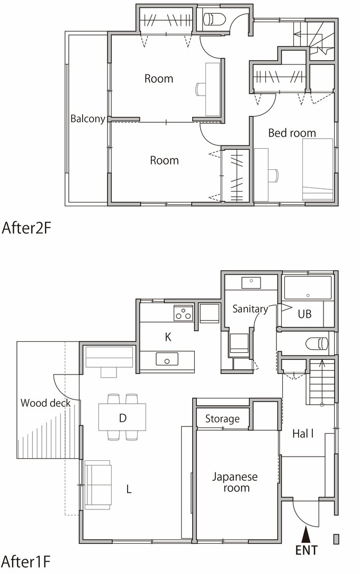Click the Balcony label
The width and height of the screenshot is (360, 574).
[87, 119]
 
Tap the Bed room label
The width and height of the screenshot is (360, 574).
[292, 133]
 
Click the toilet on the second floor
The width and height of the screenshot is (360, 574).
[213, 20]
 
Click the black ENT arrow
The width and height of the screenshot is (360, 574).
[306, 534]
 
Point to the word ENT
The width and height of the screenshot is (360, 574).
[307, 551]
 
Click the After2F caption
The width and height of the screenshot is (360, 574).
[26, 228]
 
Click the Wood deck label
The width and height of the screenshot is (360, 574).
[46, 403]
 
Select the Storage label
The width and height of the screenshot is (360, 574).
[222, 419]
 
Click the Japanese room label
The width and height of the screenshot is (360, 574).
[235, 482]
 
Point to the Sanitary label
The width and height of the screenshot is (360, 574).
[250, 309]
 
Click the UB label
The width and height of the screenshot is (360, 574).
[304, 314]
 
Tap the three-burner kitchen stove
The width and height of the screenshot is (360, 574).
[183, 313]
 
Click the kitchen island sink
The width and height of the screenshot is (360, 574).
[167, 359]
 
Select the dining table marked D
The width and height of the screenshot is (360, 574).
[122, 417]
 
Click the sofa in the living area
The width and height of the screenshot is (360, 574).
[98, 485]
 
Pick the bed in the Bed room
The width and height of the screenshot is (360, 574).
[318, 169]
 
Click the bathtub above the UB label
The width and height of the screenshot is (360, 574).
[308, 288]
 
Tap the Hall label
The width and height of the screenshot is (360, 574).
[303, 434]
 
